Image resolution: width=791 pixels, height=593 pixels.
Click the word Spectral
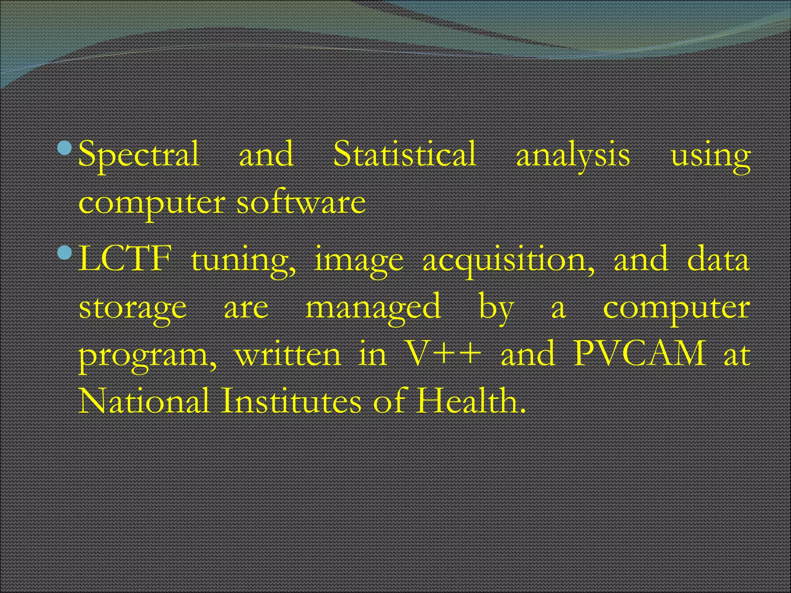139,154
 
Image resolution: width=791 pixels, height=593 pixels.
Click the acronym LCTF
125,259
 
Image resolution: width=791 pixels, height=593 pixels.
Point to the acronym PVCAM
639,354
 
